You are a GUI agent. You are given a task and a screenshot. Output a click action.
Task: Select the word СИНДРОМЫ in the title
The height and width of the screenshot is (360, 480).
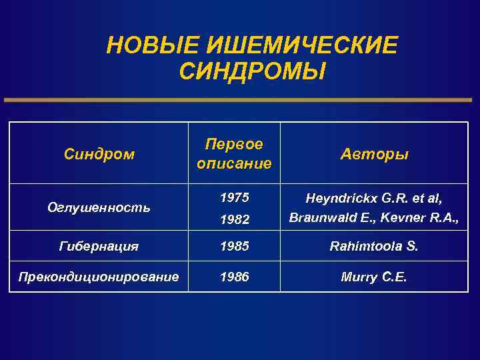pos(253,70)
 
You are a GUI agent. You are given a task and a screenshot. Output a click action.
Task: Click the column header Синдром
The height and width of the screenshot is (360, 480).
pos(99,155)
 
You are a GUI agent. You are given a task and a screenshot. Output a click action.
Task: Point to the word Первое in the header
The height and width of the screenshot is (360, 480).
pos(234,145)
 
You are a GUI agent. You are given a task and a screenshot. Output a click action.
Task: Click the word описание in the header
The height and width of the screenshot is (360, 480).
pos(234,163)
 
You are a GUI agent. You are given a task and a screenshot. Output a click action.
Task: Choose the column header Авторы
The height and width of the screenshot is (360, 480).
pos(375,155)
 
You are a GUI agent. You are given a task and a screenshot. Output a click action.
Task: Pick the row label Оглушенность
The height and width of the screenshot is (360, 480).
pos(99,207)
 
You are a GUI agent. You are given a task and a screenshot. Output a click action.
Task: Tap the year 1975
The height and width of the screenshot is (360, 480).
pos(234,197)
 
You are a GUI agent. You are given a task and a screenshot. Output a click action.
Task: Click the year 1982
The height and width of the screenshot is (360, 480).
pos(234,218)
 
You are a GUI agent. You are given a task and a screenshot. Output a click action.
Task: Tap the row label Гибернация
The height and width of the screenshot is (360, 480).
pos(99,246)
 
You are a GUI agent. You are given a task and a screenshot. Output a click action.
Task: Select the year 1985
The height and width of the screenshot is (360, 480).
pos(234,246)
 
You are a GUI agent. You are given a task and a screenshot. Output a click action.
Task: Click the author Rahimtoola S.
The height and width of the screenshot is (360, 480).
pos(375,246)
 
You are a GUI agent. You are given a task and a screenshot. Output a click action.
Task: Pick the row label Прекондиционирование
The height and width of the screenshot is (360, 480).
pos(99,275)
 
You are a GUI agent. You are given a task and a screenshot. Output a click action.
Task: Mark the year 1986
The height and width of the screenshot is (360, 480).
pos(234,275)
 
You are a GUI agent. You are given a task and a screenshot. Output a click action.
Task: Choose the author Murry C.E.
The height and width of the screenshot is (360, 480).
pos(375,275)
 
